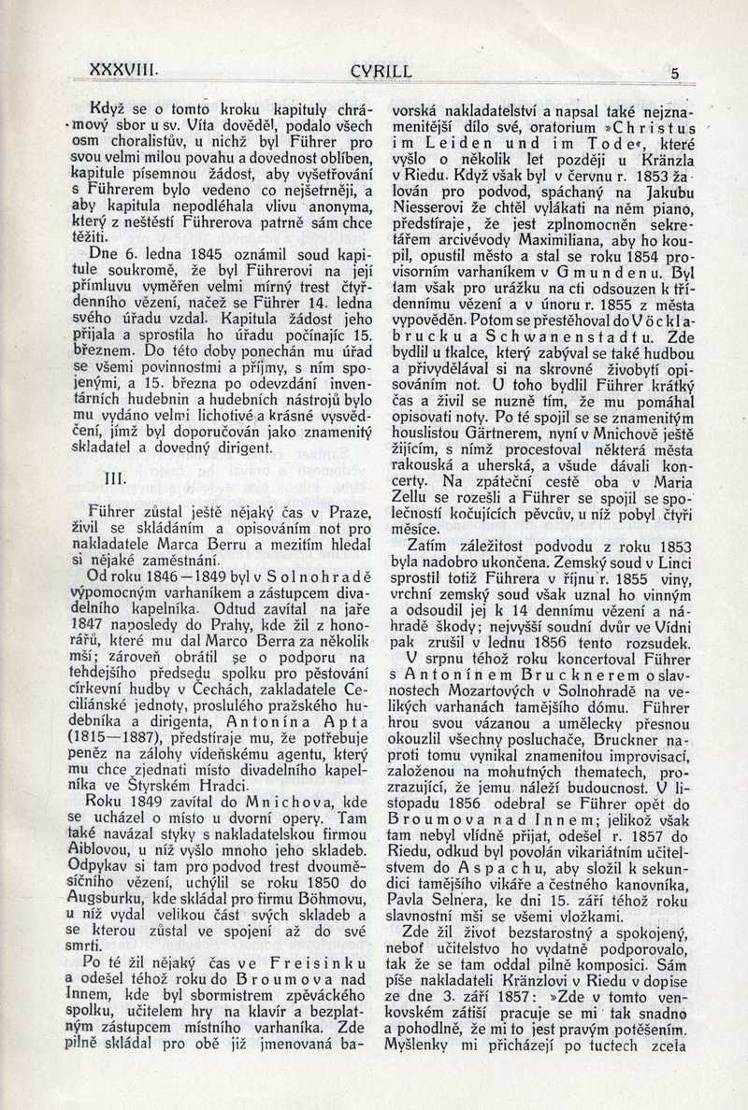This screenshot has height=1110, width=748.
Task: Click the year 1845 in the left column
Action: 188,252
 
